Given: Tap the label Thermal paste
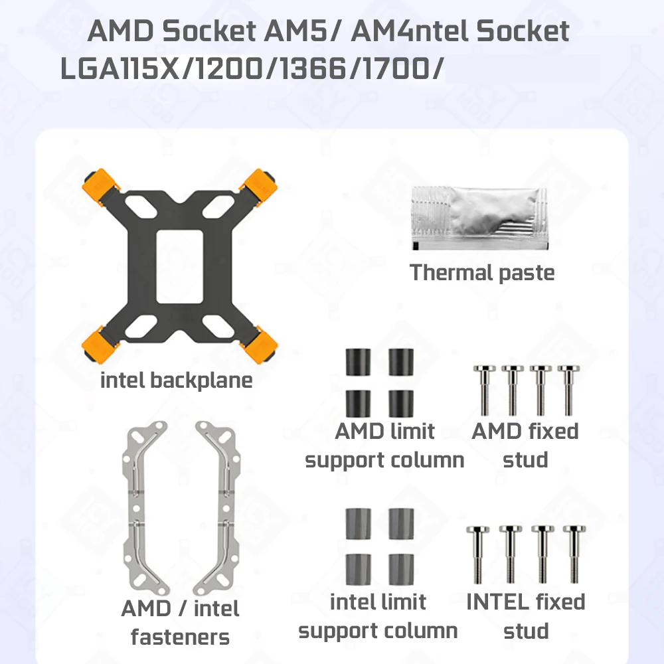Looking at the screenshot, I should (482, 272).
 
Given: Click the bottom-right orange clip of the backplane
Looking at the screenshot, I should (260, 345).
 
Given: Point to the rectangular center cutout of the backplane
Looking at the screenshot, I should (179, 266).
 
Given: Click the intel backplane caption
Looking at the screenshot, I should (177, 381).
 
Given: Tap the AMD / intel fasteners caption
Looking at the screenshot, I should (180, 623).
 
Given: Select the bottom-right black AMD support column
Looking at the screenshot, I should (402, 402).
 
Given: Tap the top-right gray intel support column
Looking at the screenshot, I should (402, 524).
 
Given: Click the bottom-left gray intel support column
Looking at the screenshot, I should (358, 568).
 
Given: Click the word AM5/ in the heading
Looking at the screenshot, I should (308, 31).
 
